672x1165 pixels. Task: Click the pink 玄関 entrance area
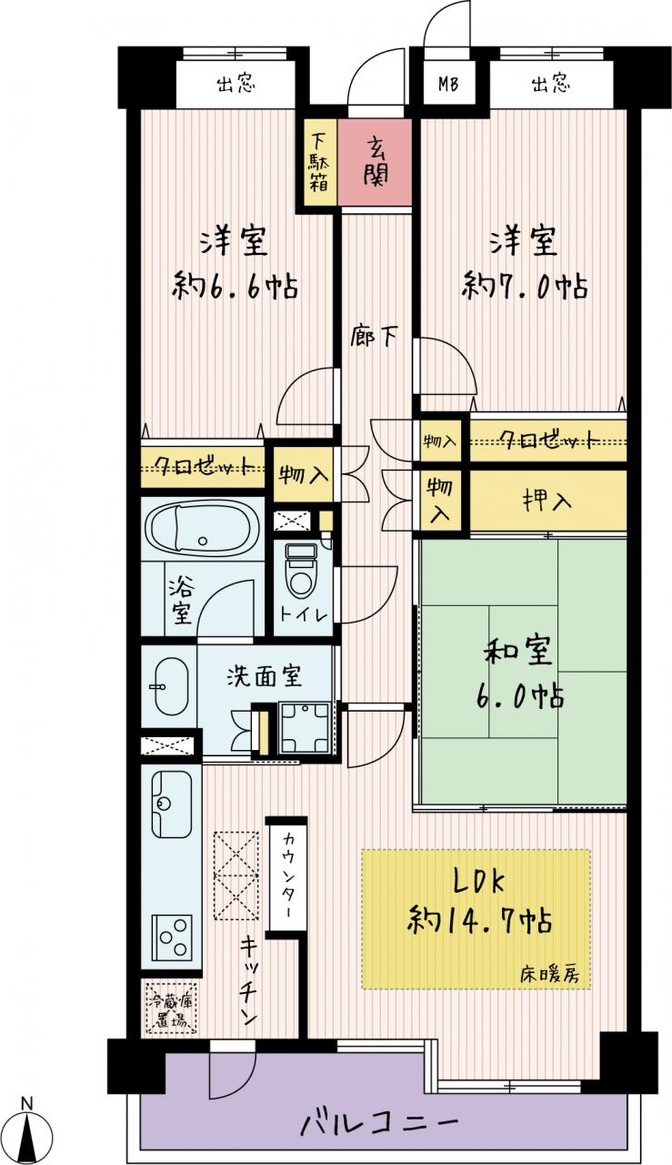[375, 162]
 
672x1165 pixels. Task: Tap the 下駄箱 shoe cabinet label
[319, 162]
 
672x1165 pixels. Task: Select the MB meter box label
[448, 84]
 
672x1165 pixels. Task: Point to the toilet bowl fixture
[301, 571]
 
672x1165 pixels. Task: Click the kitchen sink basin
[170, 804]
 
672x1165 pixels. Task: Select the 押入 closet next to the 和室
[547, 501]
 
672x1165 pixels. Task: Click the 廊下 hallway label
[374, 336]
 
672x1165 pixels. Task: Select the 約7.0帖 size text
[525, 286]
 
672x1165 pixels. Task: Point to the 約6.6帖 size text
[236, 286]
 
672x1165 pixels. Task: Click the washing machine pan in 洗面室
[305, 727]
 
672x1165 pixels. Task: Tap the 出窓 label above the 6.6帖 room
[236, 83]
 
